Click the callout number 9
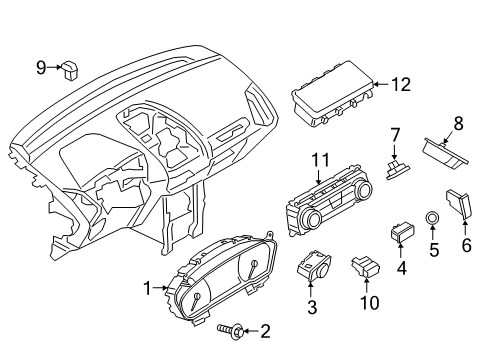[42, 67]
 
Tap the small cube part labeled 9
[72, 71]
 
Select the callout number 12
[401, 86]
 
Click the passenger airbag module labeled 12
[331, 101]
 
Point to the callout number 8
[459, 124]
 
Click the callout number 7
[396, 134]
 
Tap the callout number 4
[401, 268]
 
